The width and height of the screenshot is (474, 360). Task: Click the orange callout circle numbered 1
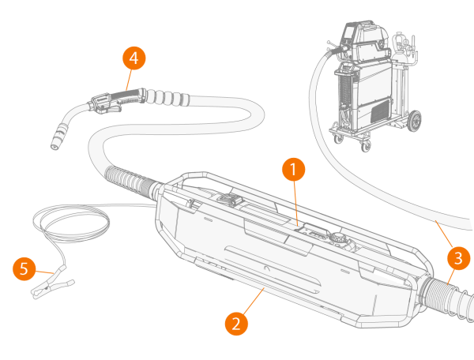[293, 168]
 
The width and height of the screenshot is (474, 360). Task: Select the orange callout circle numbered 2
[235, 322]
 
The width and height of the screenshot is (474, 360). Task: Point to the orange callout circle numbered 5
[24, 269]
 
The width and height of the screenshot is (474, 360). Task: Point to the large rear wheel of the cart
[412, 121]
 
